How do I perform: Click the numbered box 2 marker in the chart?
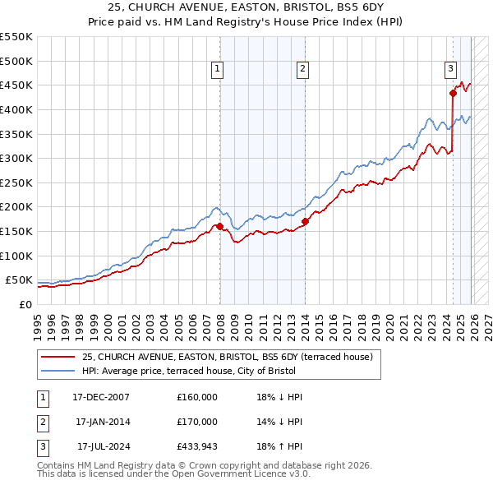[303, 69]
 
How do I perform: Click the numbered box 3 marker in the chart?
[451, 69]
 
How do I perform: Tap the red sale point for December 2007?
[219, 226]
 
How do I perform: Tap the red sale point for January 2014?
[305, 221]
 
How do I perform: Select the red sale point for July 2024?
[453, 93]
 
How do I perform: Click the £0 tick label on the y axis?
[25, 304]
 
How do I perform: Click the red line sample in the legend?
[58, 357]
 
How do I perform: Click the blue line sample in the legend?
[58, 370]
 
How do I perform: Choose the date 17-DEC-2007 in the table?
[100, 397]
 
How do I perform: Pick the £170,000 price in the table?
[197, 422]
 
